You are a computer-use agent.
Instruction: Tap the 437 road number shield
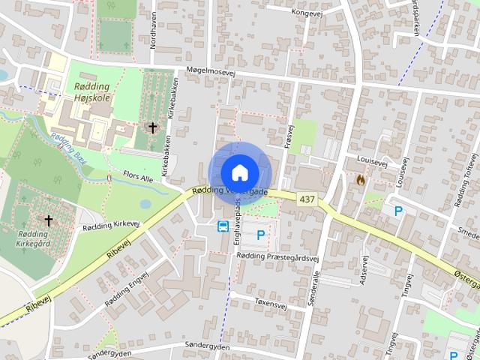(x=306, y=199)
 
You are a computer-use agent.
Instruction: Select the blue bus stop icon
(x=223, y=226)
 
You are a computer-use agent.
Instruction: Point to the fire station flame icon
(x=361, y=180)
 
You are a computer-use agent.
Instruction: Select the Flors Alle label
(x=137, y=178)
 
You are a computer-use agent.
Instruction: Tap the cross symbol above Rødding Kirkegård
(x=49, y=220)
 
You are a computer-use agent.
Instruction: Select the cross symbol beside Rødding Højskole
(x=153, y=128)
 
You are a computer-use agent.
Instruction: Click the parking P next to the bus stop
(x=261, y=235)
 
